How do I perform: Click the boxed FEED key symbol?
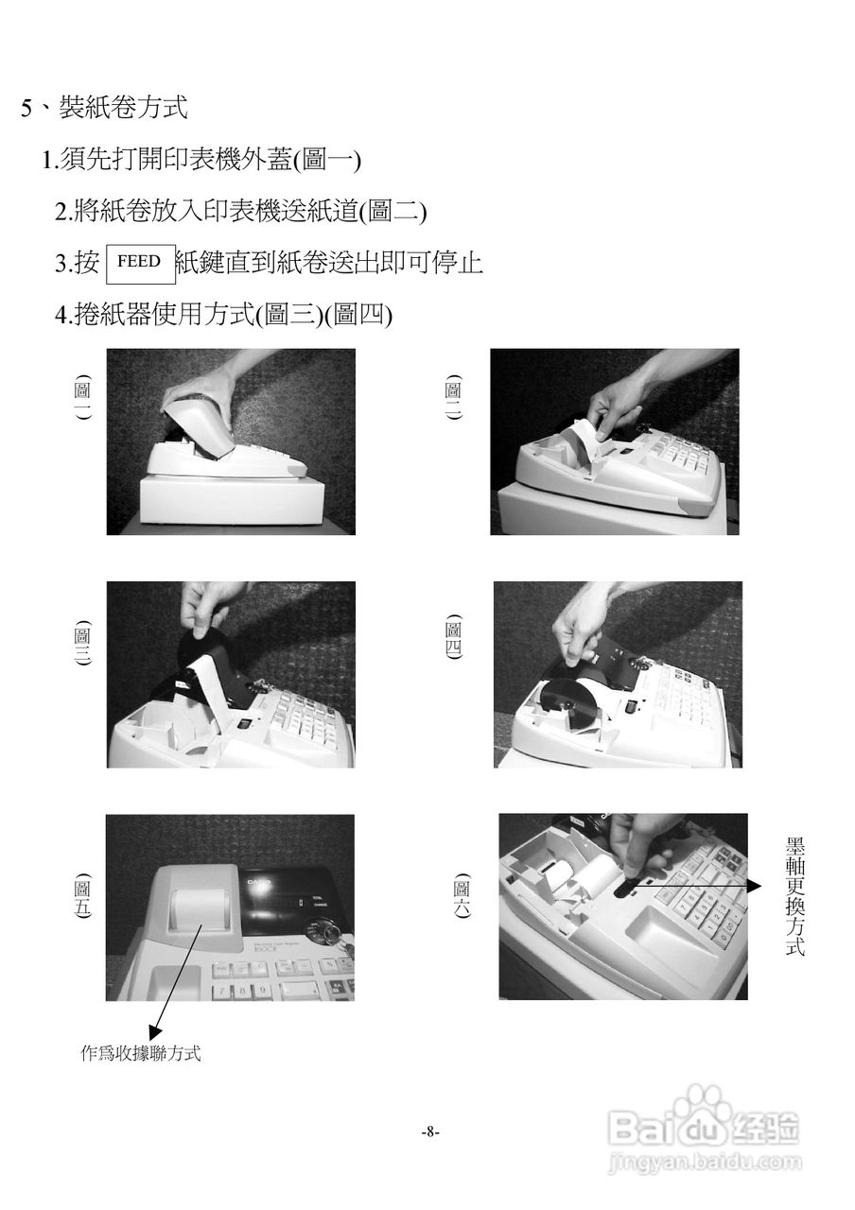point(141,264)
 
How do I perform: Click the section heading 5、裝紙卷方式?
point(105,107)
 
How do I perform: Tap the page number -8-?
point(430,1131)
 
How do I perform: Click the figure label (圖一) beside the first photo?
point(82,398)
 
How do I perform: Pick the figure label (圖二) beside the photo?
point(454,398)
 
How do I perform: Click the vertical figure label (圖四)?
point(454,638)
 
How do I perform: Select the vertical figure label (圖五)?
point(82,895)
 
